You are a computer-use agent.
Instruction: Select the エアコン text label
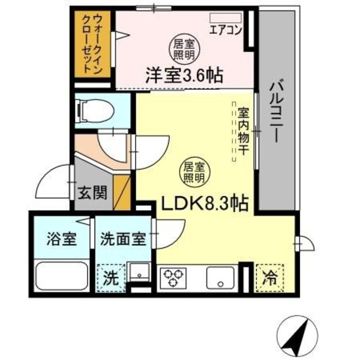click(x=225, y=31)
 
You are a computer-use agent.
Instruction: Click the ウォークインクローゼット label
click(x=91, y=46)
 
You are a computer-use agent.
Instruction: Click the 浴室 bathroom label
click(x=60, y=238)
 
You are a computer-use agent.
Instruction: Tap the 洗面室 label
click(x=123, y=238)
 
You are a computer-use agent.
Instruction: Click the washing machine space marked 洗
click(x=111, y=277)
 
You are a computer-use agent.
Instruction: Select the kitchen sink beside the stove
click(x=220, y=277)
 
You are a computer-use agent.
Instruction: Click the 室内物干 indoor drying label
click(x=244, y=130)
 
